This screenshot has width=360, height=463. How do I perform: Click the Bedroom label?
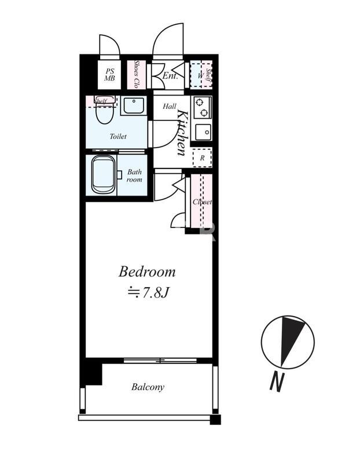[147, 271]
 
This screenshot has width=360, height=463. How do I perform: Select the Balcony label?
[148, 387]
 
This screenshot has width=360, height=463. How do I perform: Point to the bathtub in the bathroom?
[103, 175]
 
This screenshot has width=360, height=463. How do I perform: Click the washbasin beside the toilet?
[134, 106]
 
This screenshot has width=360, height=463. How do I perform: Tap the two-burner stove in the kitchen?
[203, 108]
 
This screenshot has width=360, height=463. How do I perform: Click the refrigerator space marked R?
[203, 158]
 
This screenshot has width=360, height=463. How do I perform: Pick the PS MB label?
[109, 75]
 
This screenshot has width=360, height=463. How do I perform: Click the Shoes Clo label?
[137, 74]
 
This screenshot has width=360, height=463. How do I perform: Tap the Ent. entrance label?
[170, 76]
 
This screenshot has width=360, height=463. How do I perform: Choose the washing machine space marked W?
[200, 76]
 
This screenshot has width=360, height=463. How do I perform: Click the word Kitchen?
[182, 133]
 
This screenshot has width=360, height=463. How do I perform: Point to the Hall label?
[170, 106]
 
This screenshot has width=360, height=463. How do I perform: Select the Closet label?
[203, 202]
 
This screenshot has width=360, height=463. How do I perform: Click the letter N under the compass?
[277, 383]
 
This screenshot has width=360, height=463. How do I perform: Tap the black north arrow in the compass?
[291, 340]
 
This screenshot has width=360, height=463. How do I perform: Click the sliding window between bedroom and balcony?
[160, 361]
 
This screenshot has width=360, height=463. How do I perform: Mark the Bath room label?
[134, 176]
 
